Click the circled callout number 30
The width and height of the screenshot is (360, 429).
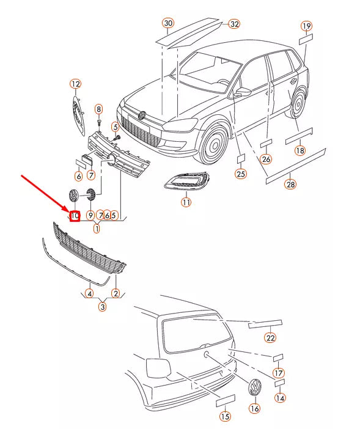pyautogui.click(x=168, y=23)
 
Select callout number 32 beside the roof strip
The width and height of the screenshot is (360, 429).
pyautogui.click(x=235, y=24)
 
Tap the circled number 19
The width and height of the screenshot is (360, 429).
pyautogui.click(x=307, y=26)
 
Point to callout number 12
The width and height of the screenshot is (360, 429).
pyautogui.click(x=76, y=84)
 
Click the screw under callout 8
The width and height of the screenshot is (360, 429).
pyautogui.click(x=99, y=121)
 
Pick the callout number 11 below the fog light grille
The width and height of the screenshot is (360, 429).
pyautogui.click(x=186, y=202)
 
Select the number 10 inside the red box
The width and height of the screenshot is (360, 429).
pyautogui.click(x=75, y=216)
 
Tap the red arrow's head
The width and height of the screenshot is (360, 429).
pyautogui.click(x=67, y=209)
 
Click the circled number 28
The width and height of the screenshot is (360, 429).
pyautogui.click(x=290, y=184)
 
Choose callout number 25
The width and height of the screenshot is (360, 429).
pyautogui.click(x=241, y=174)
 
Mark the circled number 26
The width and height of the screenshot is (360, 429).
pyautogui.click(x=266, y=159)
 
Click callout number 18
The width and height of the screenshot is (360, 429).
pyautogui.click(x=300, y=150)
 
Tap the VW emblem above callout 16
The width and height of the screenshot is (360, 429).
pyautogui.click(x=255, y=386)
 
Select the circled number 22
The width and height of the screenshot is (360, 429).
pyautogui.click(x=270, y=338)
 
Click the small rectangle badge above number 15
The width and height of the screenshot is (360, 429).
pyautogui.click(x=226, y=400)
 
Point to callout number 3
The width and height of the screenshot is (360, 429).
pyautogui.click(x=102, y=307)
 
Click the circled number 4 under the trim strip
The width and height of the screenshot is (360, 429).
pyautogui.click(x=89, y=293)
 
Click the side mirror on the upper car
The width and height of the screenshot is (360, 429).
pyautogui.click(x=243, y=92)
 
